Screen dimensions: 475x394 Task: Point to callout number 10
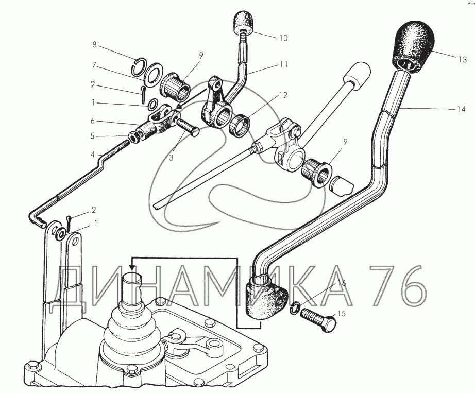tap(283, 38)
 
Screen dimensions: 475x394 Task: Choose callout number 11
tap(284, 65)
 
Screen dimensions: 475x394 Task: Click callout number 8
tap(95, 45)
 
